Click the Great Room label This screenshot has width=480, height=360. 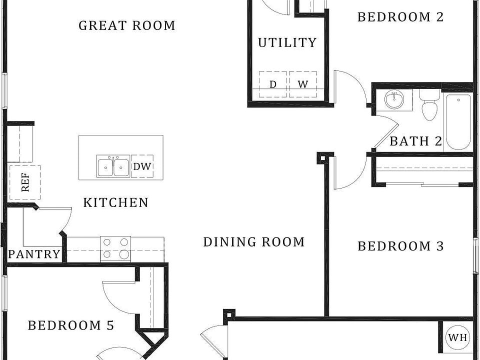126,25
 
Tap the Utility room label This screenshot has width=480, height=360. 287,42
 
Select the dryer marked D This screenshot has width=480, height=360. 273,84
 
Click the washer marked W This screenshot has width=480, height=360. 303,84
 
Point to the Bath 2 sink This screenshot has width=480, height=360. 394,99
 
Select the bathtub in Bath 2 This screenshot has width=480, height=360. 458,122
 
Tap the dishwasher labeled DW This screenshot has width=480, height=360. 142,166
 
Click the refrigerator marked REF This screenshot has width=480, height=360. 25,182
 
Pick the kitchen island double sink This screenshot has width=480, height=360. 113,166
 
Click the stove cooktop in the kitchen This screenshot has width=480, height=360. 115,249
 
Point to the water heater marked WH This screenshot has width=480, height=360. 457,337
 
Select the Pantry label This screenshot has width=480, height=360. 34,254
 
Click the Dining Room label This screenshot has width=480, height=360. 254,242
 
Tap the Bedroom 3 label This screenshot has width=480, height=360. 400,246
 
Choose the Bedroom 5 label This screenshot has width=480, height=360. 71,325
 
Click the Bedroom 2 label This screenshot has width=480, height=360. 400,17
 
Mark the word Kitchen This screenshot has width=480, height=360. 115,202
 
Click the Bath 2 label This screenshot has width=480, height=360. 415,141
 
